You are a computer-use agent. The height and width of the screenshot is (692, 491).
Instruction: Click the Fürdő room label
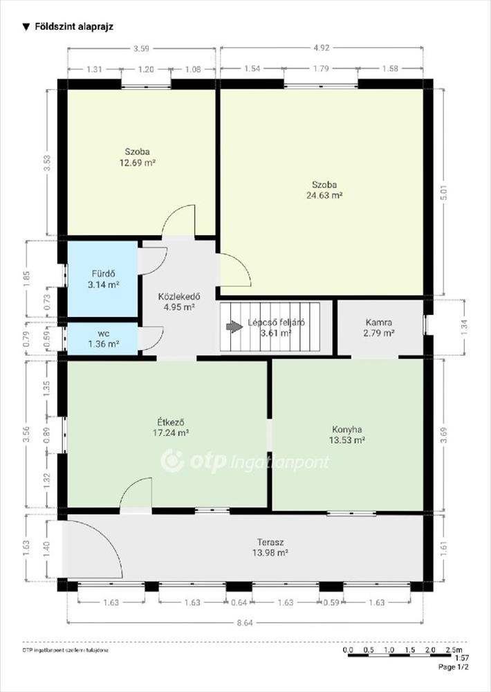(x=104, y=273)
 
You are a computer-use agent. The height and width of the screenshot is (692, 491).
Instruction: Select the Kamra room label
(x=378, y=322)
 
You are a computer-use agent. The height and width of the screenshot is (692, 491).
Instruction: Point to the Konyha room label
(x=346, y=429)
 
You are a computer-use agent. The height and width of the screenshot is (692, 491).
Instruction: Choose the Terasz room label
(x=270, y=542)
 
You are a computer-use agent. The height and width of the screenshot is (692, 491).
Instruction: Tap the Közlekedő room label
(x=179, y=296)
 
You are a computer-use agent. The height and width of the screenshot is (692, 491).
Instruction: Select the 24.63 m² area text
(x=325, y=195)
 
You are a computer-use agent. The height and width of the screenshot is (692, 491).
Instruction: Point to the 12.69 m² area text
(x=138, y=163)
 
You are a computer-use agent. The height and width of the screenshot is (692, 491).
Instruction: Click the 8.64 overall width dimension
(x=245, y=623)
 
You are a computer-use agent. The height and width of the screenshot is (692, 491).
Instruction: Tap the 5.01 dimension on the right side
(x=444, y=192)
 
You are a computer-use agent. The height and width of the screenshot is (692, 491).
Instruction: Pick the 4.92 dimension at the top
(x=321, y=48)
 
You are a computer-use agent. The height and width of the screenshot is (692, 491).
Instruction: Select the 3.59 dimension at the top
(x=141, y=48)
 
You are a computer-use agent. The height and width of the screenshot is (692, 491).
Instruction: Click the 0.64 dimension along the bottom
(x=239, y=603)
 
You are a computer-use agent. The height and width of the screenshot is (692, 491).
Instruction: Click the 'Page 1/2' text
(x=453, y=667)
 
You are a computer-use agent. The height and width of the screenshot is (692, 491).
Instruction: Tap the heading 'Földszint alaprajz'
(x=74, y=26)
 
